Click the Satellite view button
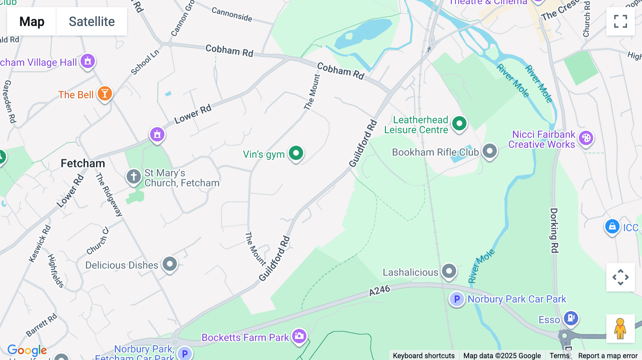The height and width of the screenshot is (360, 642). tap(92, 21)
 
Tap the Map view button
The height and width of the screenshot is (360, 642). tap(32, 21)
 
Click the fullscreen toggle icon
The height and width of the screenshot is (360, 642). tap(620, 21)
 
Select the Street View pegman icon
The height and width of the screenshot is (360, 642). tap(620, 328)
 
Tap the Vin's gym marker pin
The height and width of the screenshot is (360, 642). tap(296, 153)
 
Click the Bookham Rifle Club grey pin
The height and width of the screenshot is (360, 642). tap(489, 151)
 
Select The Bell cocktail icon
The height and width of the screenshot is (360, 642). tap(105, 94)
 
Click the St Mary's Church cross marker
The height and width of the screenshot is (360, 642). tap(134, 176)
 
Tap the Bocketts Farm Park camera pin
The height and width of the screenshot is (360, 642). tap(299, 336)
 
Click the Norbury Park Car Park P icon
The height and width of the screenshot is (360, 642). tap(457, 299)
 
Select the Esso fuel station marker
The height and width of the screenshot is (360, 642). tap(571, 318)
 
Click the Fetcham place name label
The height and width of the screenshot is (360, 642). tap(83, 164)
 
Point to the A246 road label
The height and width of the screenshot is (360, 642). tap(379, 290)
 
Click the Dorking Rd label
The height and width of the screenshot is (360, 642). tap(554, 230)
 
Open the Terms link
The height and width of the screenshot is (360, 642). tap(559, 355)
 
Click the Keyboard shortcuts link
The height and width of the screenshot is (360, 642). tap(423, 355)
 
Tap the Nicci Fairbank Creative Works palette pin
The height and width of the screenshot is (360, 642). tap(586, 138)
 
